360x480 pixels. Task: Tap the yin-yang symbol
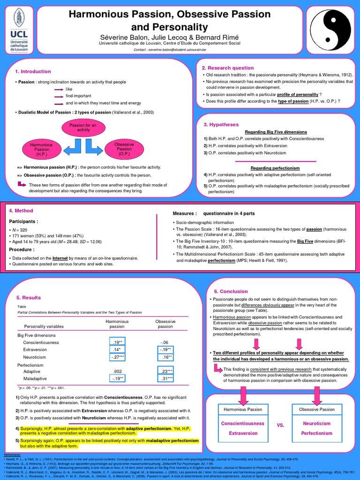tap(335, 29)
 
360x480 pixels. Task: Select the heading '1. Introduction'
tap(33, 71)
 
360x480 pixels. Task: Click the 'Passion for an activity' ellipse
tap(82, 128)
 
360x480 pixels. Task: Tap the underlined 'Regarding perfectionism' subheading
tap(275, 168)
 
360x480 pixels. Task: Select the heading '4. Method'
tap(21, 211)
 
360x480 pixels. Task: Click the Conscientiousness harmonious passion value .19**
tap(117, 342)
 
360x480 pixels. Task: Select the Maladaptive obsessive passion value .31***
tap(165, 378)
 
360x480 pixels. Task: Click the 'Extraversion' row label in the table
tap(35, 350)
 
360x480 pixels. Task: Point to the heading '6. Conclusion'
tap(231, 292)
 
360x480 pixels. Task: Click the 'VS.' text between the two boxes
tap(281, 425)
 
